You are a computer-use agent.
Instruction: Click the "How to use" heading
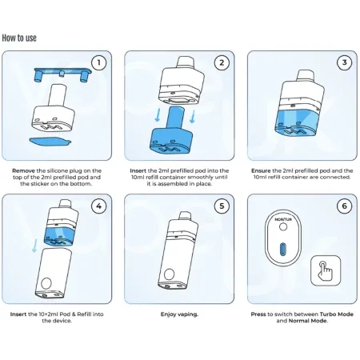point(19,38)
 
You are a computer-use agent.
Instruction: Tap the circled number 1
point(99,62)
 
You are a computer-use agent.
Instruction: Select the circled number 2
point(222,62)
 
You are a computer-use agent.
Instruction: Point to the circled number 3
point(344,62)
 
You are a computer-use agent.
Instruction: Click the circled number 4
point(99,206)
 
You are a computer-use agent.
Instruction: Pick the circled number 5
point(222,206)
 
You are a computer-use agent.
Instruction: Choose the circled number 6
point(344,206)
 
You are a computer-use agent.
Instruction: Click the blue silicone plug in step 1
point(62,73)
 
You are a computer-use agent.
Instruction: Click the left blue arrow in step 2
point(158,114)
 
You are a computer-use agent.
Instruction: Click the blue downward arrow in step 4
point(34,246)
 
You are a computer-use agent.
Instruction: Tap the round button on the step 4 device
point(46,283)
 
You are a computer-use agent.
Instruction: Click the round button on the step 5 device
point(170,274)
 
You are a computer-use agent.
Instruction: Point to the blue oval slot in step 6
point(282,249)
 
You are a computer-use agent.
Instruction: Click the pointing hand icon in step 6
point(325,270)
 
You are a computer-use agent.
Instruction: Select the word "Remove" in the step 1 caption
point(23,170)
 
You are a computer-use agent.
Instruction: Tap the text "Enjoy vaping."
point(179,314)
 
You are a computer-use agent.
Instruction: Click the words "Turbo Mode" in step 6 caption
point(337,314)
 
